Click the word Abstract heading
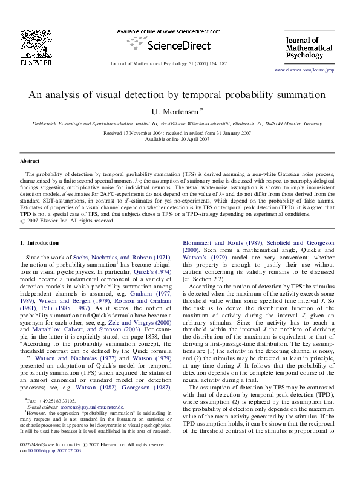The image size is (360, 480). point(30,161)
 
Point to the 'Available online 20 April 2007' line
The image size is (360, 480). point(180,139)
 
